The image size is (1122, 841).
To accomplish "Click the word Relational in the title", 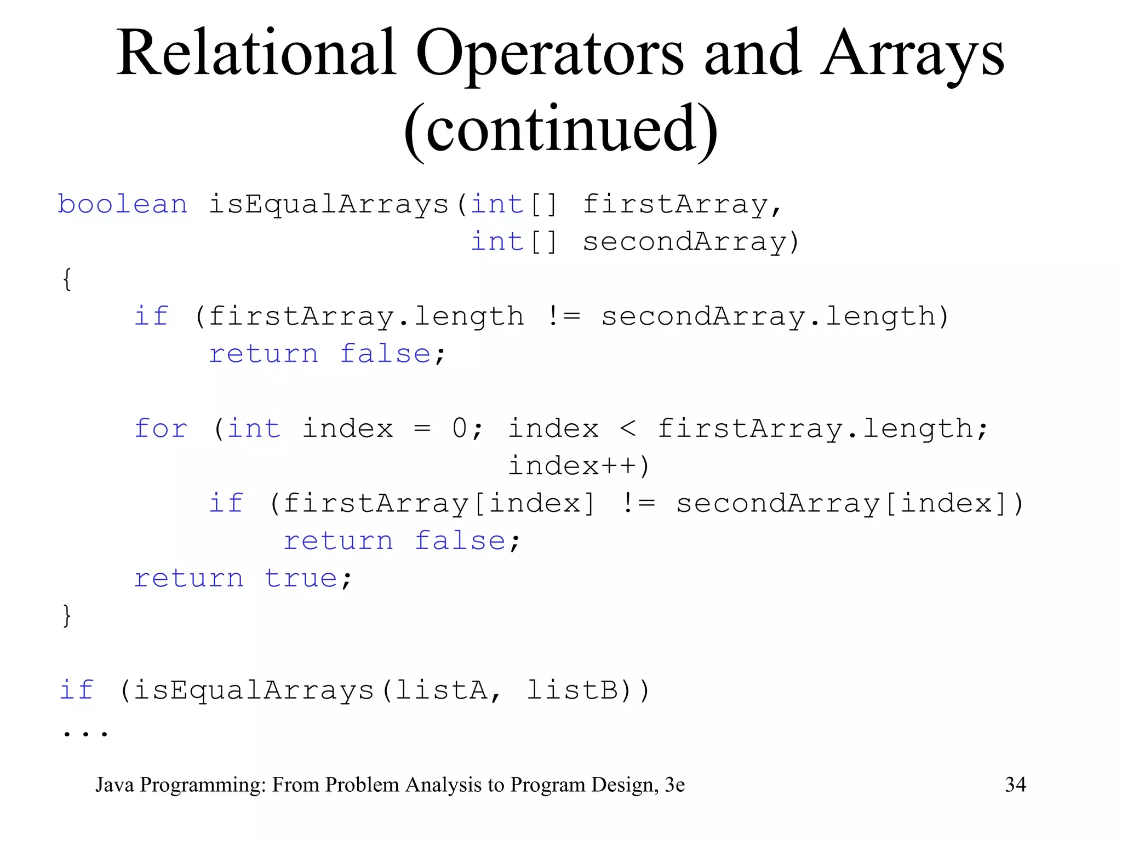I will pyautogui.click(x=256, y=54).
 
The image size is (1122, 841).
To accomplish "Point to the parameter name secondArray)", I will pyautogui.click(x=691, y=242).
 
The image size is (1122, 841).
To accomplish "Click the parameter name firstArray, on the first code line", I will pyautogui.click(x=682, y=205).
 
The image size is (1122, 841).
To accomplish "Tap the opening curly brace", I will pyautogui.click(x=67, y=279).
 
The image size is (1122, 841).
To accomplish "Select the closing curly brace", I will pyautogui.click(x=67, y=615).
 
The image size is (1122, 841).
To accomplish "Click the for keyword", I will pyautogui.click(x=161, y=429).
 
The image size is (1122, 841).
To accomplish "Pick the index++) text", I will pyautogui.click(x=579, y=466).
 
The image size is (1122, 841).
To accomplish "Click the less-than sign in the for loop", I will pyautogui.click(x=628, y=429).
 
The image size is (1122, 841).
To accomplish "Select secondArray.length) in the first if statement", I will pyautogui.click(x=775, y=317).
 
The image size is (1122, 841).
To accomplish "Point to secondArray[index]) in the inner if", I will pyautogui.click(x=849, y=504).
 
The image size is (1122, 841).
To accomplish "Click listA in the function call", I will pyautogui.click(x=441, y=690).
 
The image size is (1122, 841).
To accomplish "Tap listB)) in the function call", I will pyautogui.click(x=588, y=690).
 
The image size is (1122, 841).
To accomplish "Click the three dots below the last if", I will pyautogui.click(x=85, y=733).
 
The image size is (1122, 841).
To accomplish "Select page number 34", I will pyautogui.click(x=1015, y=785).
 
